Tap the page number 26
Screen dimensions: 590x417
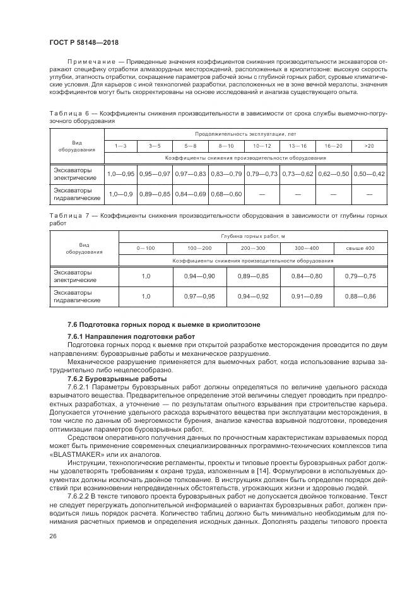coord(53,536)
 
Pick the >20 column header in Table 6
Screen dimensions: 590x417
coord(369,146)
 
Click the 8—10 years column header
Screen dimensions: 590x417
coord(226,146)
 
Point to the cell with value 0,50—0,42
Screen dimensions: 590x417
coord(369,174)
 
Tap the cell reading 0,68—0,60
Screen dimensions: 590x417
coord(226,194)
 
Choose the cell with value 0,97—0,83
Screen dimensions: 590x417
coord(191,174)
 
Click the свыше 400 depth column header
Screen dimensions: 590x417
coord(360,248)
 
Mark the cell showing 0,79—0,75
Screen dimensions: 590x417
coord(360,276)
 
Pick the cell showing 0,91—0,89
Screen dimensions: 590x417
coord(307,297)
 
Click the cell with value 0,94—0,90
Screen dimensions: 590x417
coord(199,276)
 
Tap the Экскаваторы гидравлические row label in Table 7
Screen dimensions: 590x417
coord(76,297)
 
